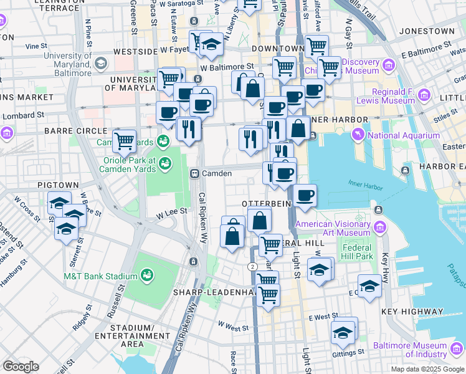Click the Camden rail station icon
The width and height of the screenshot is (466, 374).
click(x=194, y=173)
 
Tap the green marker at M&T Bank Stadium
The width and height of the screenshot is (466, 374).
click(x=147, y=275)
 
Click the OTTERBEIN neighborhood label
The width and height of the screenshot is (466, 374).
click(x=264, y=204)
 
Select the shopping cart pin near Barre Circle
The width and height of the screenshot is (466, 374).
click(x=125, y=141)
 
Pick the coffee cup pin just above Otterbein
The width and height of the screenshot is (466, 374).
click(x=305, y=196)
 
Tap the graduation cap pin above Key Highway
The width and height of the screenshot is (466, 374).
click(x=369, y=285)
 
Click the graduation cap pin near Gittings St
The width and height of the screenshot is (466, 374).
click(x=343, y=332)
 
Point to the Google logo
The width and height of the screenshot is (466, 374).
click(x=21, y=367)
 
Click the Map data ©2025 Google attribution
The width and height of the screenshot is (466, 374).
click(x=427, y=369)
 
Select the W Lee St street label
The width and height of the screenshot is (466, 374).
click(x=171, y=212)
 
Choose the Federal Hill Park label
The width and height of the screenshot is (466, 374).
click(x=357, y=251)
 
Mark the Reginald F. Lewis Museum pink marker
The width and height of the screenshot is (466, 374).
click(x=425, y=95)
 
